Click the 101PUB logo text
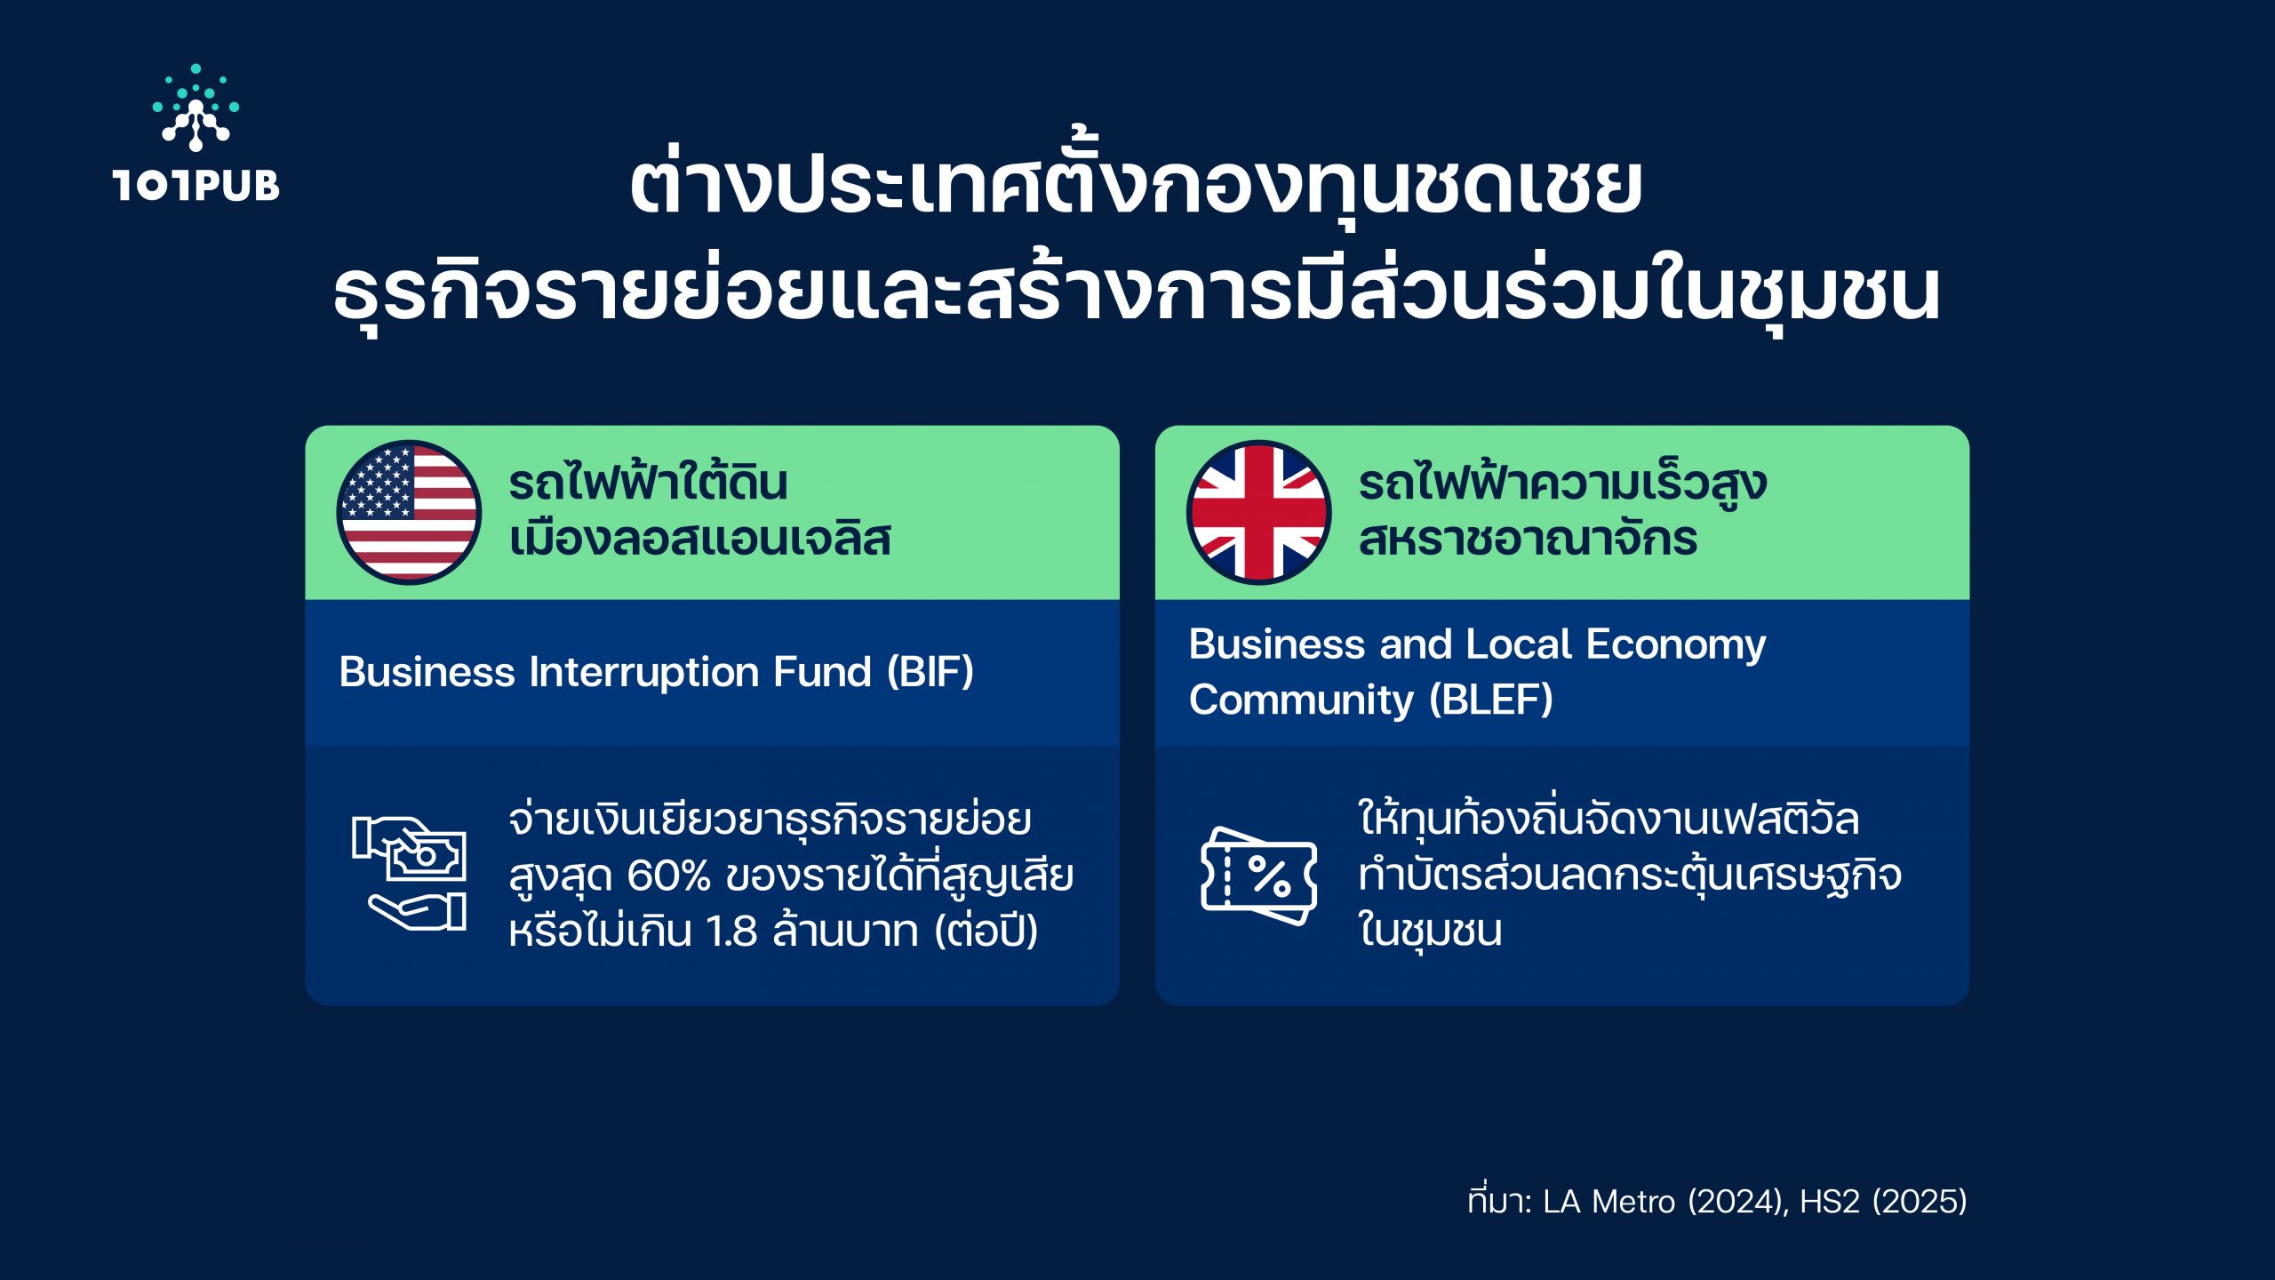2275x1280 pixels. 196,185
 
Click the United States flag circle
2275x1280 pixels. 409,512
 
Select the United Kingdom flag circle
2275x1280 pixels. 1258,512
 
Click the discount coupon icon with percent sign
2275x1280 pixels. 1258,876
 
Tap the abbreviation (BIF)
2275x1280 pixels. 930,672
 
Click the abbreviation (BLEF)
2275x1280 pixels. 1491,700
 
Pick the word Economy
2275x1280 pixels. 1676,645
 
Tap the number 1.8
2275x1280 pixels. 731,932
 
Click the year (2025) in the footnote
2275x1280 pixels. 1920,1202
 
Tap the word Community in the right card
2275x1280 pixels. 1301,700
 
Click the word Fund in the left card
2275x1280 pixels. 822,672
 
